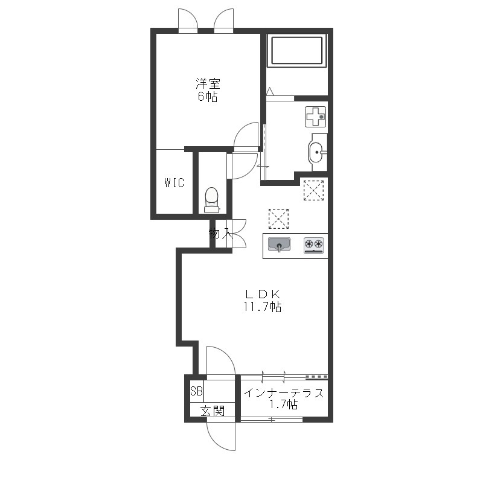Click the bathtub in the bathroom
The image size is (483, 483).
point(296,51)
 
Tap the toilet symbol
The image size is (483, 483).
point(212,200)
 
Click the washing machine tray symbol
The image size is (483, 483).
point(315,117)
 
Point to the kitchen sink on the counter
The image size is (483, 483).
point(279,245)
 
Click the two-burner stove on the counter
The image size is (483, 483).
point(313,246)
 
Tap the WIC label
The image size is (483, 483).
point(174,183)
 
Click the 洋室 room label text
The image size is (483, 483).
point(208,83)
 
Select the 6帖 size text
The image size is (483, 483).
point(207,97)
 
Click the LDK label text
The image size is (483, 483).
point(263,295)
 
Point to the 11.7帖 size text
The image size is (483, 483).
point(263,307)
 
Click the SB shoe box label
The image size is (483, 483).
point(196,391)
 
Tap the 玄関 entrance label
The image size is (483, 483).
point(213,411)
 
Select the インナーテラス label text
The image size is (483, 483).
point(284,393)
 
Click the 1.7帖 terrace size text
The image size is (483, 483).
point(284,404)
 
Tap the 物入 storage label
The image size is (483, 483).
point(221,233)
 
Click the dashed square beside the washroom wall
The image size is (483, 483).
point(313,190)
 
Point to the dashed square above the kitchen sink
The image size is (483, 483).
point(278,219)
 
